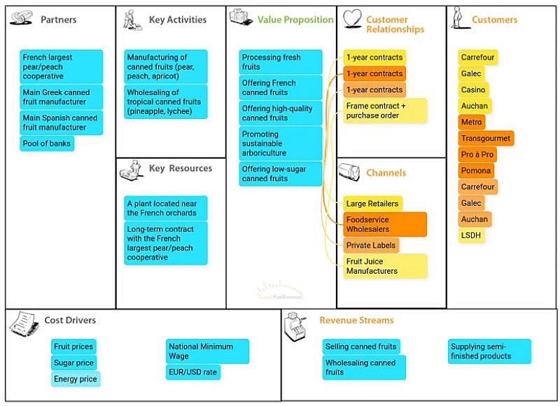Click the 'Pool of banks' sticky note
[47, 143]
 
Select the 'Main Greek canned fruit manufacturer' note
[61, 97]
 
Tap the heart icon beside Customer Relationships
[352, 19]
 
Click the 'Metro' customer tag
[471, 122]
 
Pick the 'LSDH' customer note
[471, 235]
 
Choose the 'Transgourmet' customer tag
[486, 138]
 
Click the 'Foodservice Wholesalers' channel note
[385, 224]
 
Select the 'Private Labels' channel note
[371, 245]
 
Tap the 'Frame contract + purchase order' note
[385, 111]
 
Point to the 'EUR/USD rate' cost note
[193, 372]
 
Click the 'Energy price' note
[76, 379]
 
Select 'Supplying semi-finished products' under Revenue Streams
[489, 351]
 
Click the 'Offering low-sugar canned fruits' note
[281, 174]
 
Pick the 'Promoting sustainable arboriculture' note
[281, 143]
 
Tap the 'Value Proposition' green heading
[295, 20]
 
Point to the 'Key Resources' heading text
[181, 168]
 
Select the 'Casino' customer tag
[473, 90]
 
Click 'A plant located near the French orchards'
[165, 208]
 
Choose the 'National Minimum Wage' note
[207, 351]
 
